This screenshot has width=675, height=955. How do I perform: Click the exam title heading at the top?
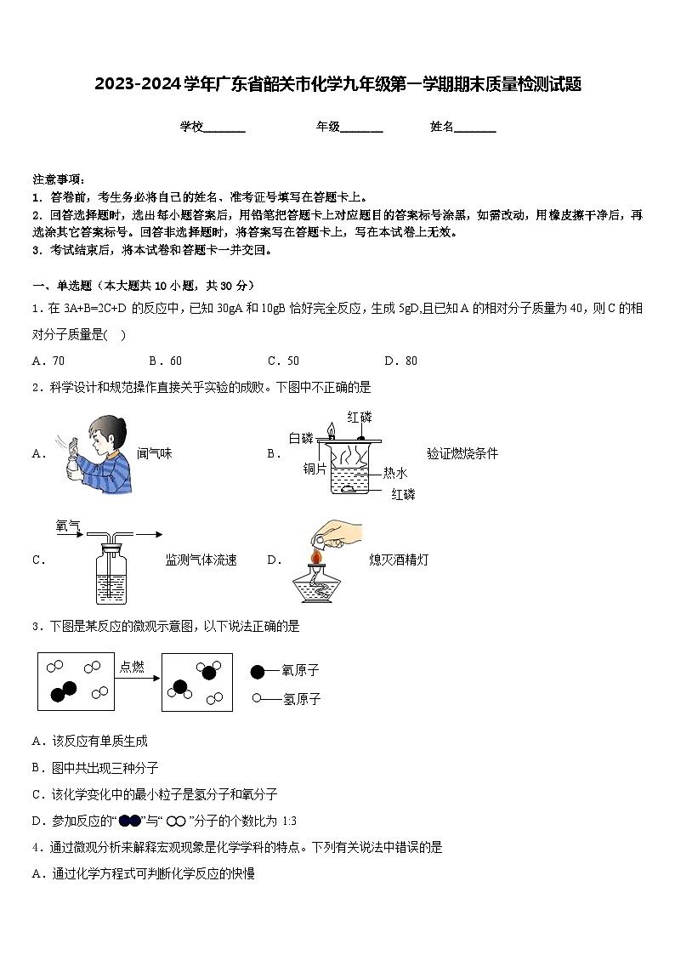[x=337, y=83]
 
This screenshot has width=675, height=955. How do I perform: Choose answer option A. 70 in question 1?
[x=48, y=361]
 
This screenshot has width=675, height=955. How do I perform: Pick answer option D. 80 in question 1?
[x=400, y=361]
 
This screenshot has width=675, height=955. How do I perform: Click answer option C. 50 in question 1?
[x=283, y=361]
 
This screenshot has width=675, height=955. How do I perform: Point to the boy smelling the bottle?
[x=99, y=453]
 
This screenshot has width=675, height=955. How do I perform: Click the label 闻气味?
[x=154, y=454]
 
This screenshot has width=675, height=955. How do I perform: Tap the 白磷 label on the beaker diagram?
[x=301, y=438]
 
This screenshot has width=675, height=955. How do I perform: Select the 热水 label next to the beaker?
[x=395, y=473]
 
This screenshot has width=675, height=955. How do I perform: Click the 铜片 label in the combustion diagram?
[x=315, y=468]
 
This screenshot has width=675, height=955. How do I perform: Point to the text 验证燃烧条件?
[x=462, y=454]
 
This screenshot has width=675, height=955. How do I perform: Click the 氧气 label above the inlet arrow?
[x=67, y=526]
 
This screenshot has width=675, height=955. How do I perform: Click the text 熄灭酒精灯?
[x=399, y=560]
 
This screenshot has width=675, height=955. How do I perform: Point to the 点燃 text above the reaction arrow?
[x=132, y=667]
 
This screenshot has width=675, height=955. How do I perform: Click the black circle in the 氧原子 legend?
[x=258, y=672]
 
